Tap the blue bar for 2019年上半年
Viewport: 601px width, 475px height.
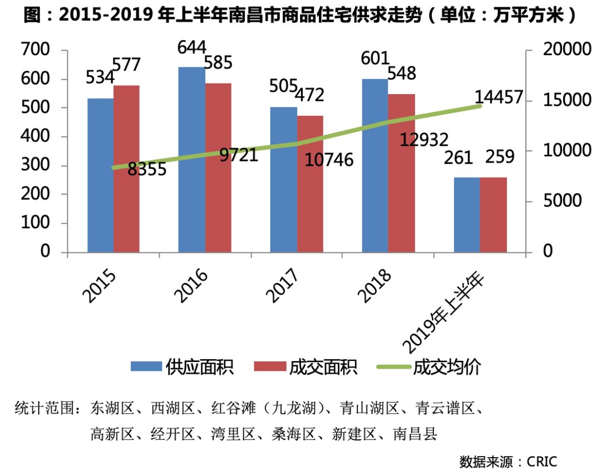[x=467, y=214]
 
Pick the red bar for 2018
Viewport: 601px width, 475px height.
[x=401, y=173]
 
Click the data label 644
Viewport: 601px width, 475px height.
[x=192, y=47]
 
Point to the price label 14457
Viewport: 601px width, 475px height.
[x=499, y=97]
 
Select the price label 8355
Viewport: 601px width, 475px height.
[x=147, y=169]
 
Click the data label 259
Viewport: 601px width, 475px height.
[x=500, y=158]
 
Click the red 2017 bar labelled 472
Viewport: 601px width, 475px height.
[x=309, y=184]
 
